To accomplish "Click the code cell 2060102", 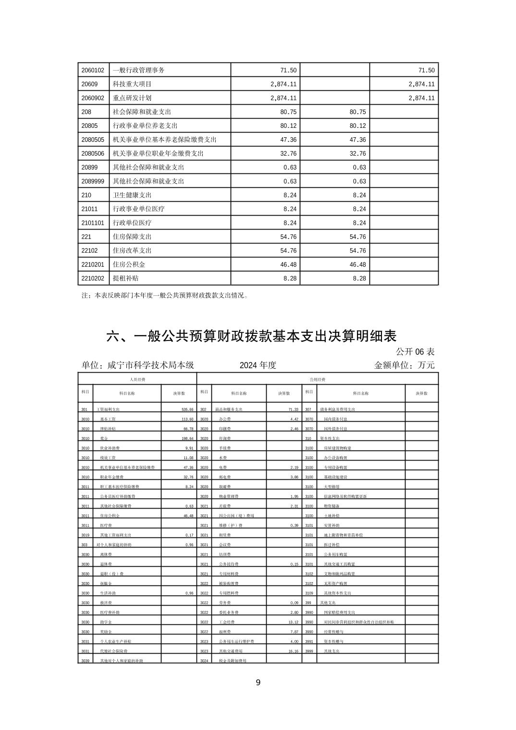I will tap(93, 70).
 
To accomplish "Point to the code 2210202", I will tap(93, 279).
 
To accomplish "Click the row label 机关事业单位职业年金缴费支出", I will tap(158, 154).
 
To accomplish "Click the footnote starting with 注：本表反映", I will tap(165, 295).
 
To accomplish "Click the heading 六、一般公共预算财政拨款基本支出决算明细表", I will tap(251, 336).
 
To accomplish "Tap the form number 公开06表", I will tap(416, 352).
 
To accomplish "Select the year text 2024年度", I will tap(258, 365).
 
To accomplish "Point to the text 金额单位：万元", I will tap(404, 365).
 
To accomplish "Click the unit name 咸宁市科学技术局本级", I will tap(151, 365).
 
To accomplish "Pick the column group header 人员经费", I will tap(137, 379).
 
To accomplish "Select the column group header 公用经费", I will tap(318, 379).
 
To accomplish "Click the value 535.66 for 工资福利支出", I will tap(185, 410).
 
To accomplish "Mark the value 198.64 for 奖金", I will tap(185, 438).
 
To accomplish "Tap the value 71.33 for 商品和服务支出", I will tap(290, 410).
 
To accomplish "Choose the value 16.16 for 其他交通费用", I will tap(291, 651).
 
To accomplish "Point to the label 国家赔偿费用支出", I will tap(339, 612).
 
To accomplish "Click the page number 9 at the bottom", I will tap(258, 682).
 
